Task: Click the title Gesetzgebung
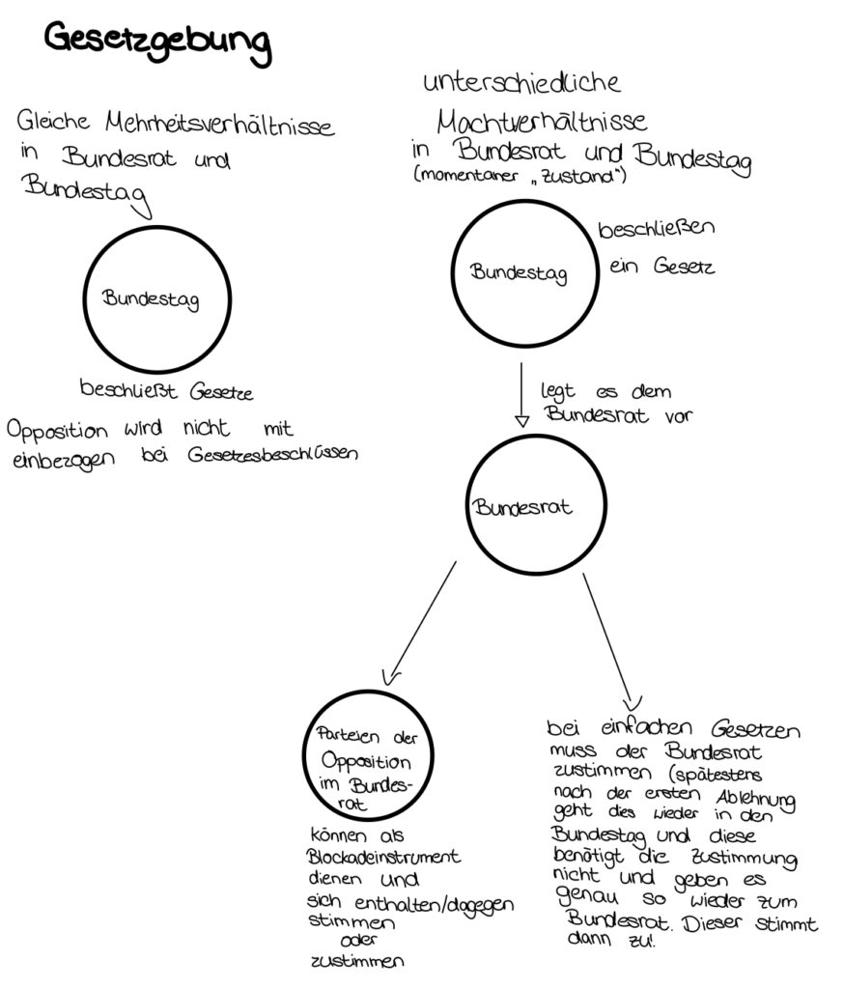pos(157,42)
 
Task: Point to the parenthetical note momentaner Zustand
pos(520,176)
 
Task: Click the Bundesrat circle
pos(522,506)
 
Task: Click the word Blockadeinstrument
pos(382,857)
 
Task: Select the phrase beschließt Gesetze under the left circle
pos(166,392)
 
